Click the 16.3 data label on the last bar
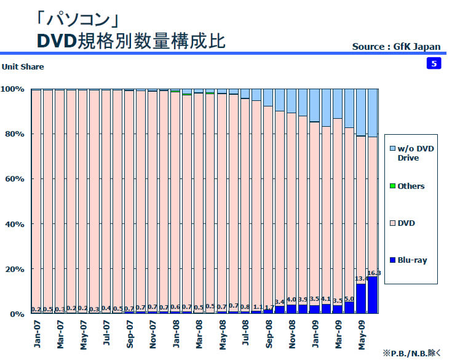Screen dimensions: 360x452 (x=373, y=273)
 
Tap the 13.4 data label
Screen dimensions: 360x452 (x=362, y=279)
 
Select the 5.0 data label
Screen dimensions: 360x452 (x=349, y=298)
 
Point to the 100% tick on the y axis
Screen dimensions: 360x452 (x=12, y=89)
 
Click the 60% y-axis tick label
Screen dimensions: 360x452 (x=14, y=179)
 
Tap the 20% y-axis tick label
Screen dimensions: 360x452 (x=14, y=269)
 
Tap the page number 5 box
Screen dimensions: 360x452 (x=434, y=63)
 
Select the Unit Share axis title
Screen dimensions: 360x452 (x=23, y=66)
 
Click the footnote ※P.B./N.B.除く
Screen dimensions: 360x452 (x=411, y=353)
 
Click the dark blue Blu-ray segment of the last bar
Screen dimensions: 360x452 (x=373, y=295)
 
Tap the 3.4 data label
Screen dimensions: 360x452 (x=280, y=302)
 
